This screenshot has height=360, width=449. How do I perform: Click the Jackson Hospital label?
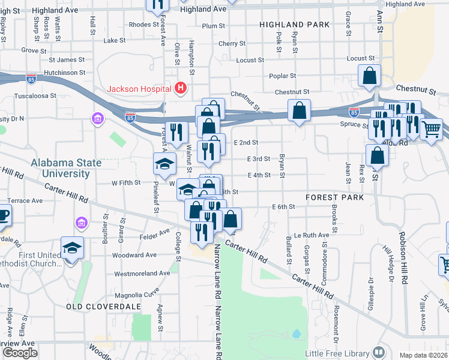pyautogui.click(x=139, y=89)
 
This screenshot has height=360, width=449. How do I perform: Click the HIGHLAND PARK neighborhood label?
pyautogui.click(x=295, y=25)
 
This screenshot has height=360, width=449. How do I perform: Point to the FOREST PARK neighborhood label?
pyautogui.click(x=334, y=197)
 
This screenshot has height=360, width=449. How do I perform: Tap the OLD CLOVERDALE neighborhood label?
pyautogui.click(x=103, y=307)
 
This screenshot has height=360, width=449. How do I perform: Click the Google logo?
pyautogui.click(x=19, y=353)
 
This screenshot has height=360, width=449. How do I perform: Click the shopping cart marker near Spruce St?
pyautogui.click(x=431, y=129)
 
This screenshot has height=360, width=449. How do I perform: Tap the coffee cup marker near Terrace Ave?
pyautogui.click(x=3, y=215)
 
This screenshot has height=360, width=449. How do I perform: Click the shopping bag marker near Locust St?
pyautogui.click(x=370, y=76)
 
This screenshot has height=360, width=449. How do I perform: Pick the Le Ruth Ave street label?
pyautogui.click(x=312, y=235)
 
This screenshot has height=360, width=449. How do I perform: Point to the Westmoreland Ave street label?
pyautogui.click(x=142, y=273)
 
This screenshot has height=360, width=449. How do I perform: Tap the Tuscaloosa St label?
pyautogui.click(x=35, y=95)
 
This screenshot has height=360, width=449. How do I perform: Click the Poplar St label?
pyautogui.click(x=283, y=76)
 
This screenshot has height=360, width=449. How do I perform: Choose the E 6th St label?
pyautogui.click(x=283, y=207)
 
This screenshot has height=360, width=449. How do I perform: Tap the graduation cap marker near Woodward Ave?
pyautogui.click(x=72, y=248)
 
